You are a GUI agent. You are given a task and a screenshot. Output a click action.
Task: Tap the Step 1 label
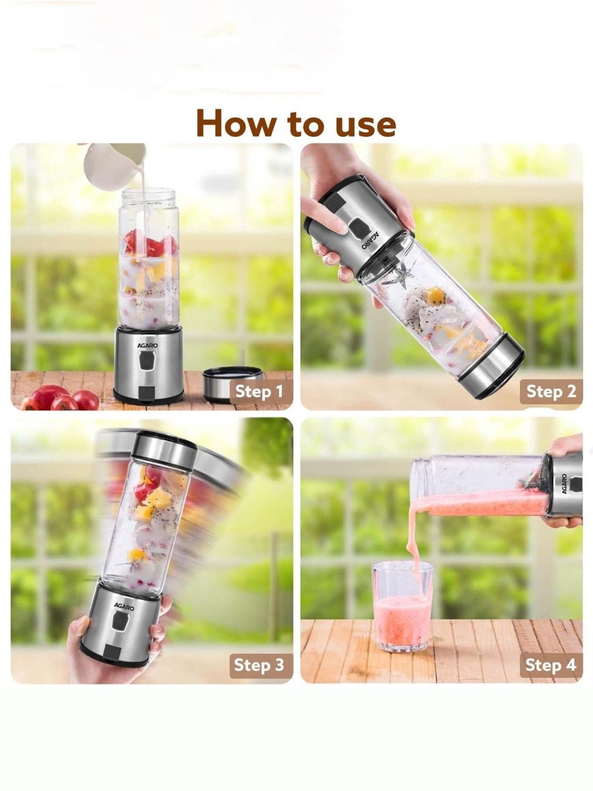[259, 392]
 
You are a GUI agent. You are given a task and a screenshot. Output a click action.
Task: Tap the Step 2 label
[551, 392]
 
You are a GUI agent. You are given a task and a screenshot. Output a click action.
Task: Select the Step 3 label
[259, 665]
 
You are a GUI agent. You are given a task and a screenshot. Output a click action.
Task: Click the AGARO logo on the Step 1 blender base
[147, 345]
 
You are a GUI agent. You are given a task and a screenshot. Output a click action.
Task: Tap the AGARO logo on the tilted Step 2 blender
[367, 240]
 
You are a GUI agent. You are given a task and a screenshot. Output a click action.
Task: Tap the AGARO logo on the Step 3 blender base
[124, 606]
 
